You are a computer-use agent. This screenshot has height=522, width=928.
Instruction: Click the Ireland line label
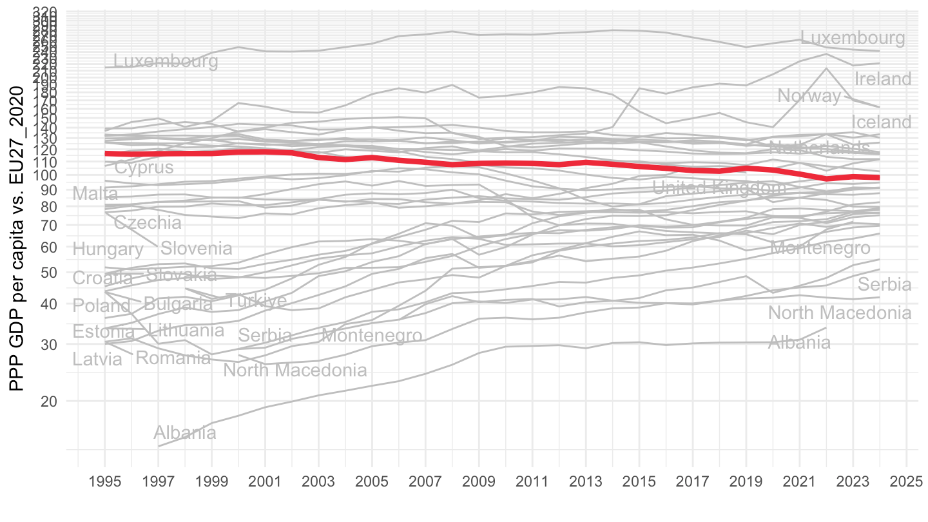coord(883,79)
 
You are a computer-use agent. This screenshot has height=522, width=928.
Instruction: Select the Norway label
coord(809,96)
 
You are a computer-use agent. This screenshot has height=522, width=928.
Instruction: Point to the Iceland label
coord(882,122)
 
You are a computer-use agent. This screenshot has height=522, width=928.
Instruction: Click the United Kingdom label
coord(719,188)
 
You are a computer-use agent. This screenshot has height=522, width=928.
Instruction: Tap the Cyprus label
coord(144,168)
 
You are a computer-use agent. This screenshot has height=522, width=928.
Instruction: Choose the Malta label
coord(95,193)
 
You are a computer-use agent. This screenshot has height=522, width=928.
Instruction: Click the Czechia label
coord(148,223)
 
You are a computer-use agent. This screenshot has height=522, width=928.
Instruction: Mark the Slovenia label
coord(196,249)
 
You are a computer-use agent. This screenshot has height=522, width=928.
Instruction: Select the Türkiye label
coord(256,301)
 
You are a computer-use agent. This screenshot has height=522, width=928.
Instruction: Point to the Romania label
coord(173,358)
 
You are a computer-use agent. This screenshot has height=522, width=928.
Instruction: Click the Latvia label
coord(97,360)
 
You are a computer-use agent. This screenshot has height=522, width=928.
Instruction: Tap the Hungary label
coord(108,249)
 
